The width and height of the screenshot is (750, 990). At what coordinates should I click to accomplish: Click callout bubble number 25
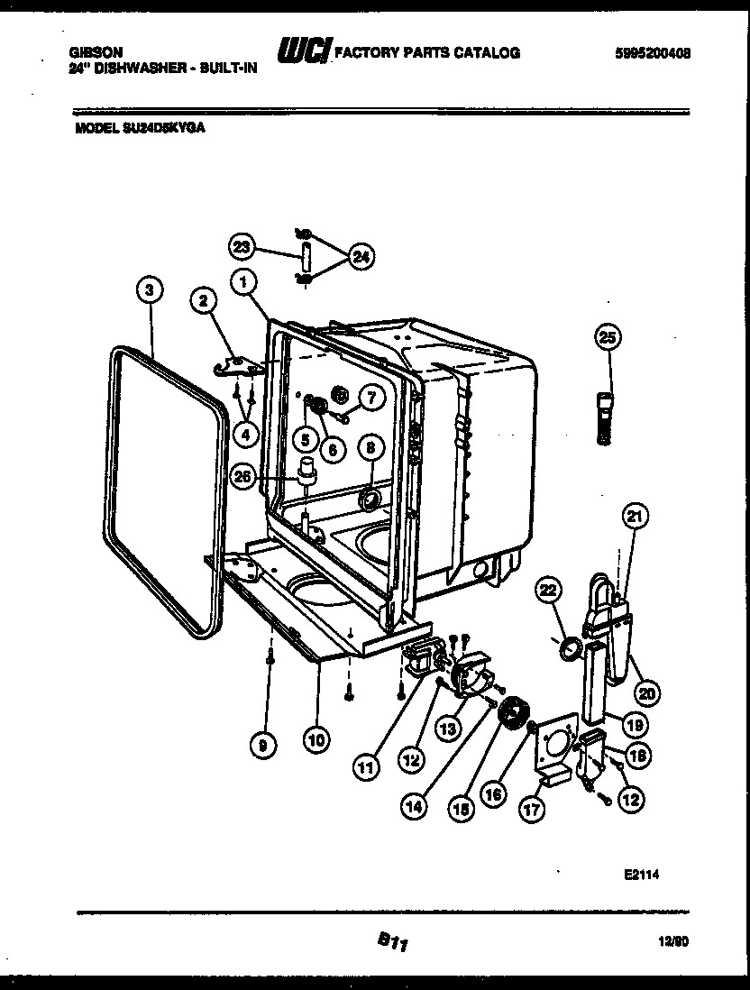[608, 337]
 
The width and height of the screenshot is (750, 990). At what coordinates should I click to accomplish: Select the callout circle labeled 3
[151, 289]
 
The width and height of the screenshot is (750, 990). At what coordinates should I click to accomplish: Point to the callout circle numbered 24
[361, 257]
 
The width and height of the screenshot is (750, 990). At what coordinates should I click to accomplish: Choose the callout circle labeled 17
[532, 810]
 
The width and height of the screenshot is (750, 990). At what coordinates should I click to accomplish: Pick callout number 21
[636, 517]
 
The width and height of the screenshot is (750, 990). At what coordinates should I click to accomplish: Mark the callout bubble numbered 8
[370, 446]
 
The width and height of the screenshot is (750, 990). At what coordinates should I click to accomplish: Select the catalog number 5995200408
[653, 53]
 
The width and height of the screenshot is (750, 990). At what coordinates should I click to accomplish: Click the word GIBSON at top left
[96, 53]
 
